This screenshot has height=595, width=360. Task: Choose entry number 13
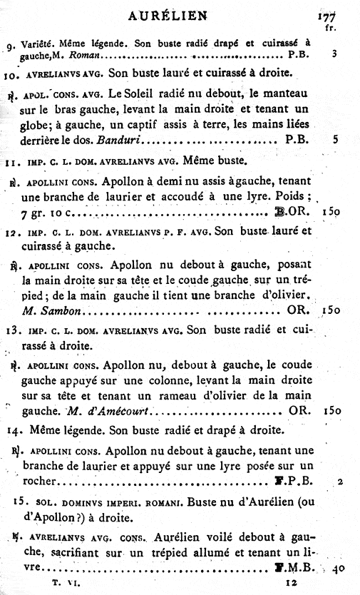(15, 330)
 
